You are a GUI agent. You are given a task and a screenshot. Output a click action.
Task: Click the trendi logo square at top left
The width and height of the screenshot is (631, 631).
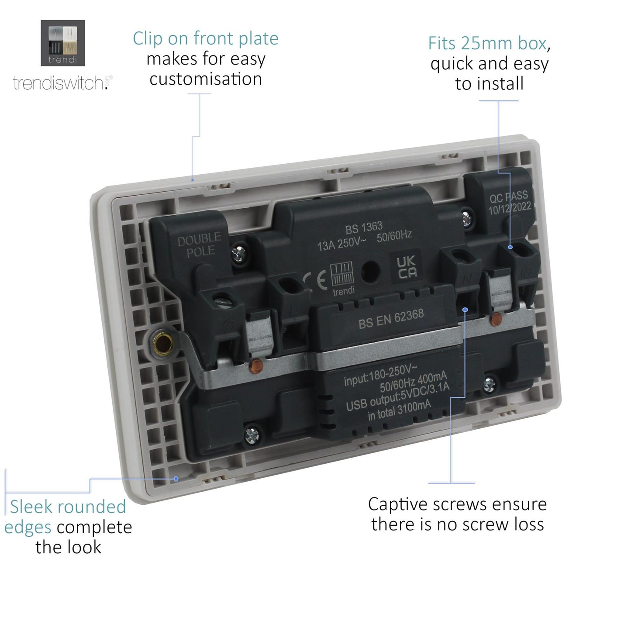click(62, 43)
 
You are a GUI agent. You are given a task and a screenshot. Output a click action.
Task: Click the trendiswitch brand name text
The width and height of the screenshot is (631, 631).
click(59, 83)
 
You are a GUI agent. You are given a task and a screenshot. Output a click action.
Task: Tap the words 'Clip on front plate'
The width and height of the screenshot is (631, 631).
click(205, 38)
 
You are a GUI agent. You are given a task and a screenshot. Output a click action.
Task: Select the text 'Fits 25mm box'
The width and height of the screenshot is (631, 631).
click(487, 43)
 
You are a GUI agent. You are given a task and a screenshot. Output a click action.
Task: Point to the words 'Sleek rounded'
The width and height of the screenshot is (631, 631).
click(68, 507)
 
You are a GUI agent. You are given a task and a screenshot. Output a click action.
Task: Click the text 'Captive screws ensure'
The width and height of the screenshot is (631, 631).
click(457, 504)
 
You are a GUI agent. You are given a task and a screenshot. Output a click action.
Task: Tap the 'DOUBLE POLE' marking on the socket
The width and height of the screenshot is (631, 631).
click(199, 245)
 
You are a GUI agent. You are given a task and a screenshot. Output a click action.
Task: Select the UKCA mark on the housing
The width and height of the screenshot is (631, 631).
click(407, 267)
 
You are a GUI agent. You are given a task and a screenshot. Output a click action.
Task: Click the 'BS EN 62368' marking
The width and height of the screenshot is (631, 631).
click(391, 318)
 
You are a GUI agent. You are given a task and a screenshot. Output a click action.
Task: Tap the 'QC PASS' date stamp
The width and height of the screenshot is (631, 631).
click(509, 202)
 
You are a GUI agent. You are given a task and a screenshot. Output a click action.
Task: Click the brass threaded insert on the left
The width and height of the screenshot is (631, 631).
click(162, 344)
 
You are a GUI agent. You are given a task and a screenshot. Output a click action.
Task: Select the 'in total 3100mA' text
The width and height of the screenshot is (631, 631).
click(399, 410)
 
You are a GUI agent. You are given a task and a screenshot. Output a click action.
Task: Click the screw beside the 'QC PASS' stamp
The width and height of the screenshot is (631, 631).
click(467, 217)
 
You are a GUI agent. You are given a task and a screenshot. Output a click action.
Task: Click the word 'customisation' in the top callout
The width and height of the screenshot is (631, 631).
click(206, 79)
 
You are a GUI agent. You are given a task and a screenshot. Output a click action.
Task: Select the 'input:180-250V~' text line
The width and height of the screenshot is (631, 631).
click(380, 376)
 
